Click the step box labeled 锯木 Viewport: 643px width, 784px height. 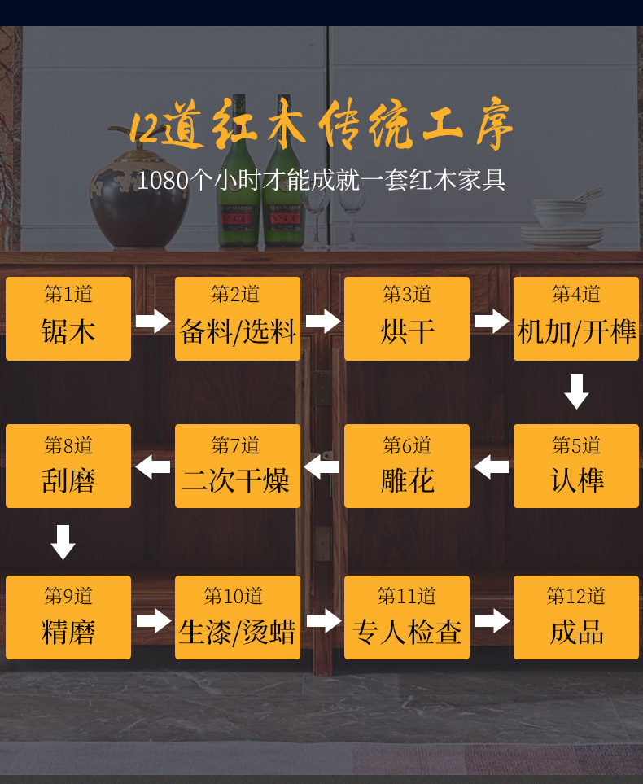pos(68,318)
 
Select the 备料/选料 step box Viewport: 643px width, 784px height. pos(238,318)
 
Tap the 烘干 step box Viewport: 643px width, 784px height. pos(407,318)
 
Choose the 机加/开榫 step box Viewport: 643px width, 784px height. pos(576,318)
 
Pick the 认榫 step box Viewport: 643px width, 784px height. pos(576,466)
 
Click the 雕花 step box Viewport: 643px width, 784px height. pos(407,466)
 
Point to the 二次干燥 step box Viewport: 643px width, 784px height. pos(238,466)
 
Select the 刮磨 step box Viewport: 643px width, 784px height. pos(68,466)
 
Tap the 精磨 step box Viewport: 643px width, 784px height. pos(68,617)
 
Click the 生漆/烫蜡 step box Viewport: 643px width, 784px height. pos(238,617)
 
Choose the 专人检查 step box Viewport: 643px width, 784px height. pos(407,617)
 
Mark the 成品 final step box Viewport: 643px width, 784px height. pos(576,617)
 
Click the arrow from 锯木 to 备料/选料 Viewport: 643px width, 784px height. pos(153,321)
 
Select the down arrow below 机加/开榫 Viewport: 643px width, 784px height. pos(576,392)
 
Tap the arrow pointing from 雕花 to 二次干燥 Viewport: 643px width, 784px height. pos(321,467)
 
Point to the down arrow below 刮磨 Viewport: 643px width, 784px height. pos(63,542)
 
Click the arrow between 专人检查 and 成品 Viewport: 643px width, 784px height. pos(492,620)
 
